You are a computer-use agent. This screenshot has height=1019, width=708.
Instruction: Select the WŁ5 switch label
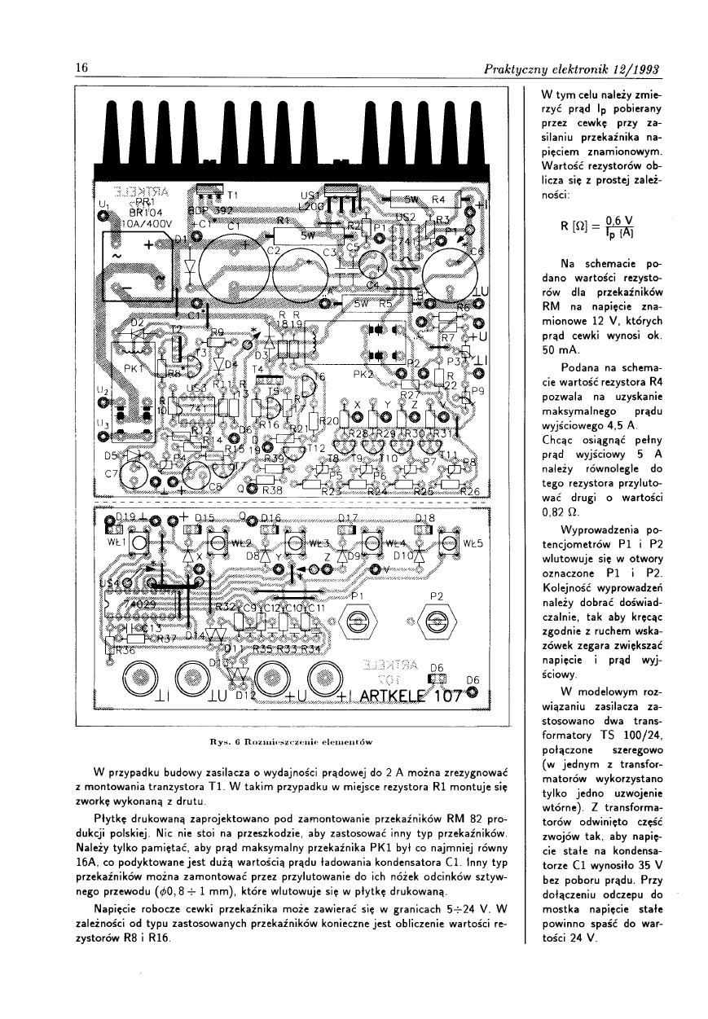coord(474,542)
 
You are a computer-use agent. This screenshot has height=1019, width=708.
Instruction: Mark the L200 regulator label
coord(311,208)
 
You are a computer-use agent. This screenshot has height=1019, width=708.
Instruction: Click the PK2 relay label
coord(363,376)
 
